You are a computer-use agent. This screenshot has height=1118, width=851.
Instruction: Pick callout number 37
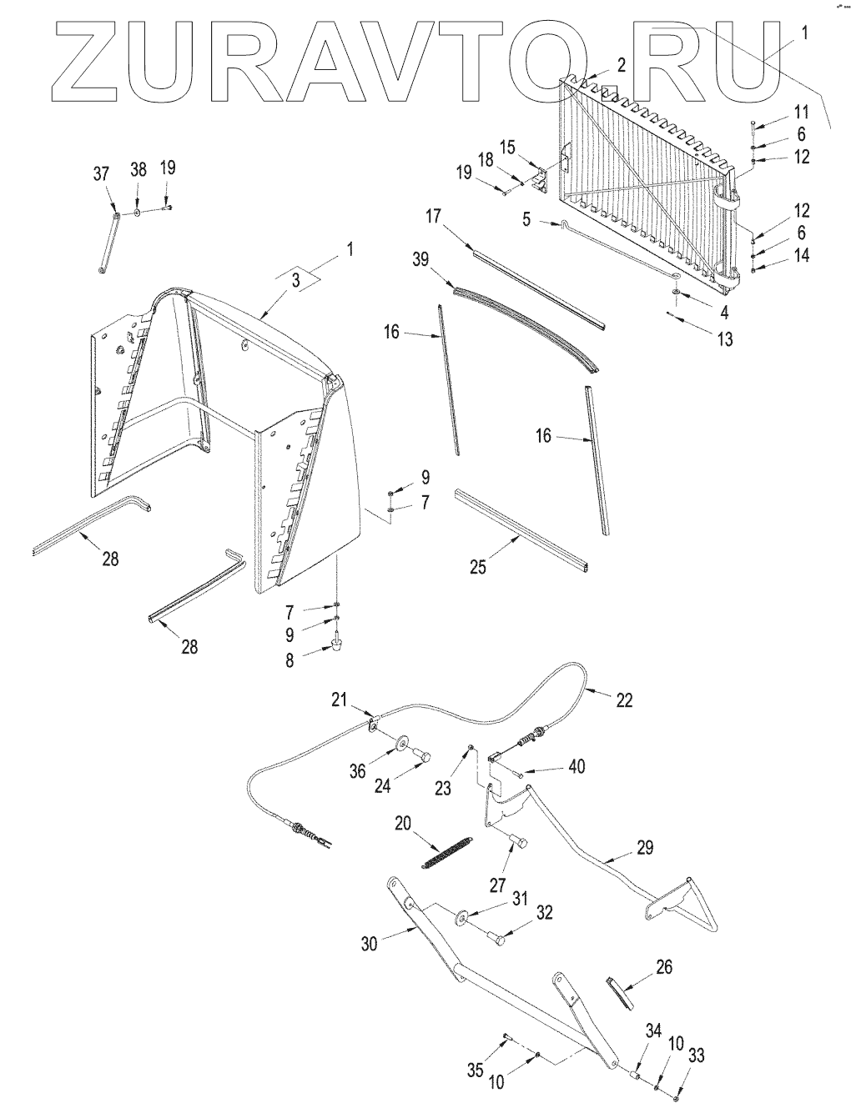pos(101,173)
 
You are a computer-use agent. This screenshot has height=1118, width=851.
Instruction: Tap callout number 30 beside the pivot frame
pos(370,943)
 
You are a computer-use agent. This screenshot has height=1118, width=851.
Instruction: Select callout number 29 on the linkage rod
pos(643,848)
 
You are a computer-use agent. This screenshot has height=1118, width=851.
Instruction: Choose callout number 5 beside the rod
pos(526,221)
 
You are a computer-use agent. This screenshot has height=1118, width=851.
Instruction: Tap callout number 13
pos(724,340)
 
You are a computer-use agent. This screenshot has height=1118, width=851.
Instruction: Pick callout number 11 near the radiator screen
pos(800,112)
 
